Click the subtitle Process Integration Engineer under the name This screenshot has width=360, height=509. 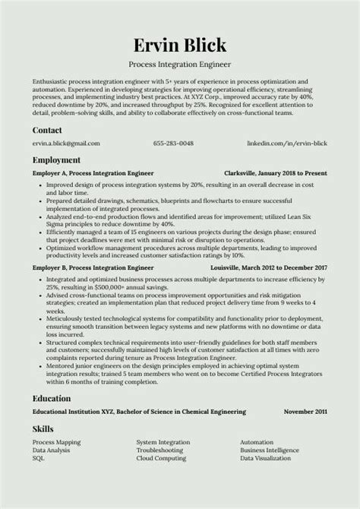(x=180, y=64)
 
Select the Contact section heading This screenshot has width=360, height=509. (x=47, y=130)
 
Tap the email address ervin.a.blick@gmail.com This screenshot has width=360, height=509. (x=66, y=144)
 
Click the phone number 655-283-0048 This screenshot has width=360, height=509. (x=173, y=144)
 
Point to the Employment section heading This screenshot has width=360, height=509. (x=56, y=160)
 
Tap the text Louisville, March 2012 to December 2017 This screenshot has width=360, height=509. (x=269, y=268)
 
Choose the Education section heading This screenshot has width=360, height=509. (x=52, y=397)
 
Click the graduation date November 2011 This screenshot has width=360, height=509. (x=305, y=411)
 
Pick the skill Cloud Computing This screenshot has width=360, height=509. (x=161, y=459)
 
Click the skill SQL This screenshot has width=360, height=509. (x=39, y=459)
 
